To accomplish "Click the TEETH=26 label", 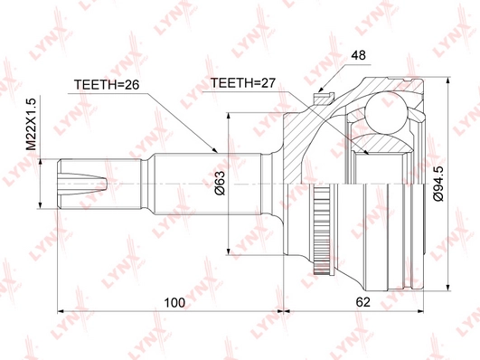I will click(104, 87).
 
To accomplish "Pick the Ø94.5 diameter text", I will click(437, 182).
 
